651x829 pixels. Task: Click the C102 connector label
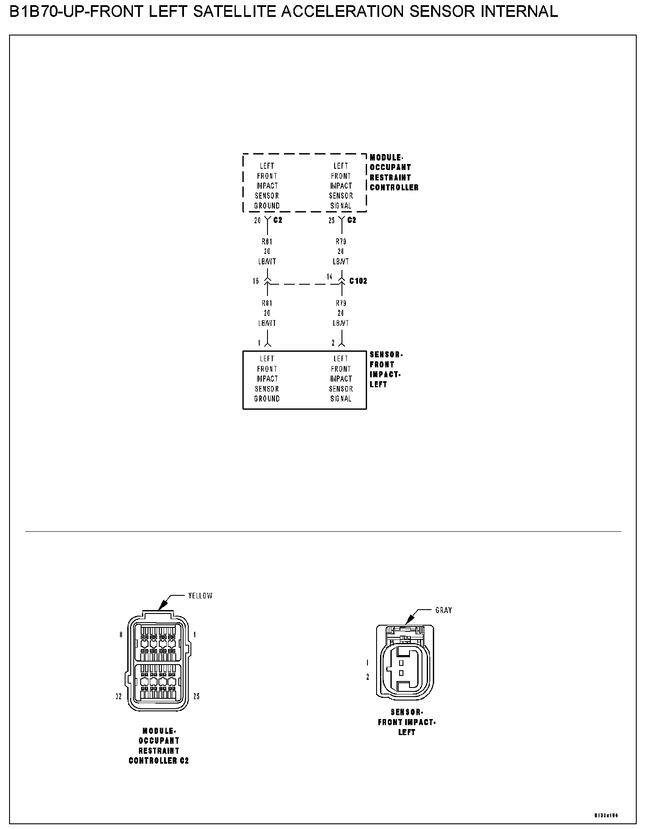point(358,281)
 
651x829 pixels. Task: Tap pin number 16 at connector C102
point(256,281)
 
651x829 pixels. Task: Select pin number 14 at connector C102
point(330,276)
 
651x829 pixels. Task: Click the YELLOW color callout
point(200,596)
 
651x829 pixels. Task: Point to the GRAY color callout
point(444,610)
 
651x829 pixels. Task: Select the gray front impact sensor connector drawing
point(404,662)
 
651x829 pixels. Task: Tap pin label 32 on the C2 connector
point(119,697)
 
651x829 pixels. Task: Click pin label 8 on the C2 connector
point(121,635)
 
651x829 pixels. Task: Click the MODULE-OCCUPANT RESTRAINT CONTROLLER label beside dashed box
point(393,173)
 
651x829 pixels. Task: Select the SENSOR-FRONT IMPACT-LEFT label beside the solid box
point(386,370)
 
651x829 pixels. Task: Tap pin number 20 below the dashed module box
point(258,220)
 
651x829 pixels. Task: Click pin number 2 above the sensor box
point(333,343)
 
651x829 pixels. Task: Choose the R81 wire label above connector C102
point(267,241)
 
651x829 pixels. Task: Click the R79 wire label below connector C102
point(341,303)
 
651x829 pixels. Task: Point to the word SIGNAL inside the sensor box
point(341,399)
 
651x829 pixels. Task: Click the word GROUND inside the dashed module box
point(267,206)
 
